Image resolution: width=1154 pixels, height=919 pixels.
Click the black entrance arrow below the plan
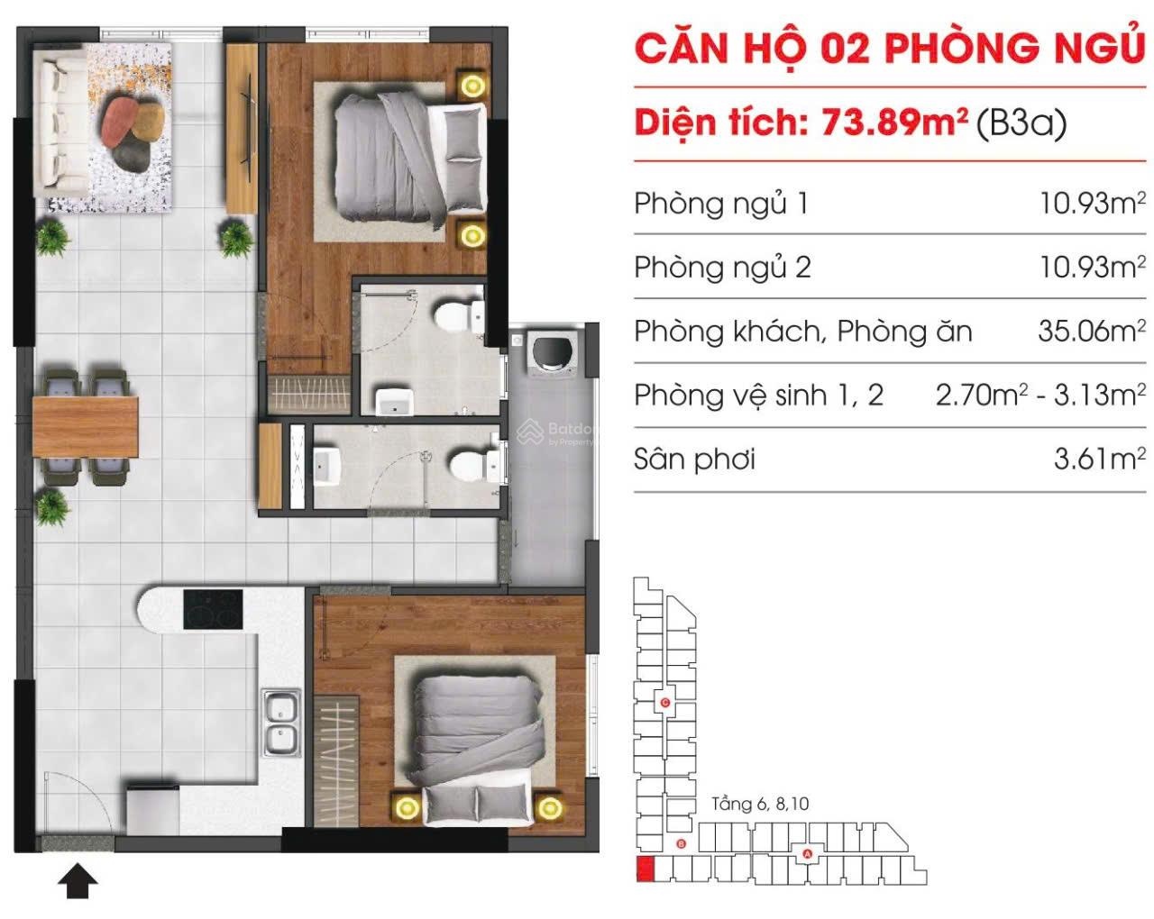78,880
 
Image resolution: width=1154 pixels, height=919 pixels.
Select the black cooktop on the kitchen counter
213,609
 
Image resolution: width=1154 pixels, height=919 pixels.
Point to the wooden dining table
86,427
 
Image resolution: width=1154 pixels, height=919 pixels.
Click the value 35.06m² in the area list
1091,332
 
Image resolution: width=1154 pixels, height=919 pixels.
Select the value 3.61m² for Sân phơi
1099,459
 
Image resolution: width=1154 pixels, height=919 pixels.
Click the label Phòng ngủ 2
722,267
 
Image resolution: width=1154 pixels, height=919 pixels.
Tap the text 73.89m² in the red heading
894,123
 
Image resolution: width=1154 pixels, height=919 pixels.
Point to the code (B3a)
1021,123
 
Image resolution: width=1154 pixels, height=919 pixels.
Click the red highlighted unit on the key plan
646,869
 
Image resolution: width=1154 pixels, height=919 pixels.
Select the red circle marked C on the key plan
665,703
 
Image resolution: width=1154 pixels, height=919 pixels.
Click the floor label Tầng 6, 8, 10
760,804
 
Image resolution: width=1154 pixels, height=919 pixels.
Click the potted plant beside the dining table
52,507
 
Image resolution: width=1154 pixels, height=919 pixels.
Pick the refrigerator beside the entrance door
153,810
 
